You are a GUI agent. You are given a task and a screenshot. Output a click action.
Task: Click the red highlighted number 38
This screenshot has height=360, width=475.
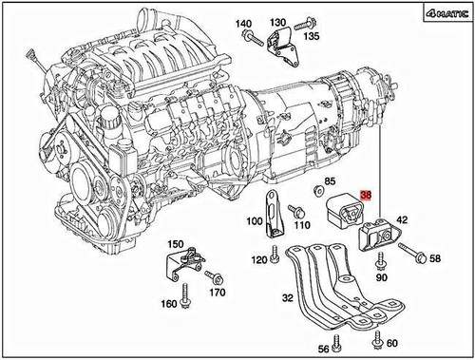[366, 195]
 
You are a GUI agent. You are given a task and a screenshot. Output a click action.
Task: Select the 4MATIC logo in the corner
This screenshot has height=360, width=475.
[447, 14]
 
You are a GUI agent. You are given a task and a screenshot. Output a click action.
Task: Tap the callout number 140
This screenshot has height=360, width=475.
[243, 24]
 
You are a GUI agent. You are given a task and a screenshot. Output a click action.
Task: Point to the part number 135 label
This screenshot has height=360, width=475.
[312, 36]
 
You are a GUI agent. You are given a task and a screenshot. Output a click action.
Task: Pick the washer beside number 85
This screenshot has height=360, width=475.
[317, 190]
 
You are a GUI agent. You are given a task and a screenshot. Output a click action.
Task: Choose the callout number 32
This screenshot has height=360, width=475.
[288, 297]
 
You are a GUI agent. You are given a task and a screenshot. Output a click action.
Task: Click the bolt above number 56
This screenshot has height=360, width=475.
[336, 342]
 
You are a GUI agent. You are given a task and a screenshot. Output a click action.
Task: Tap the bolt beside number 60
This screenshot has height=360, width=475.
[377, 337]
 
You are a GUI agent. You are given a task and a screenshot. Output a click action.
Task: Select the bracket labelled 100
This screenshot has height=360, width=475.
[272, 214]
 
